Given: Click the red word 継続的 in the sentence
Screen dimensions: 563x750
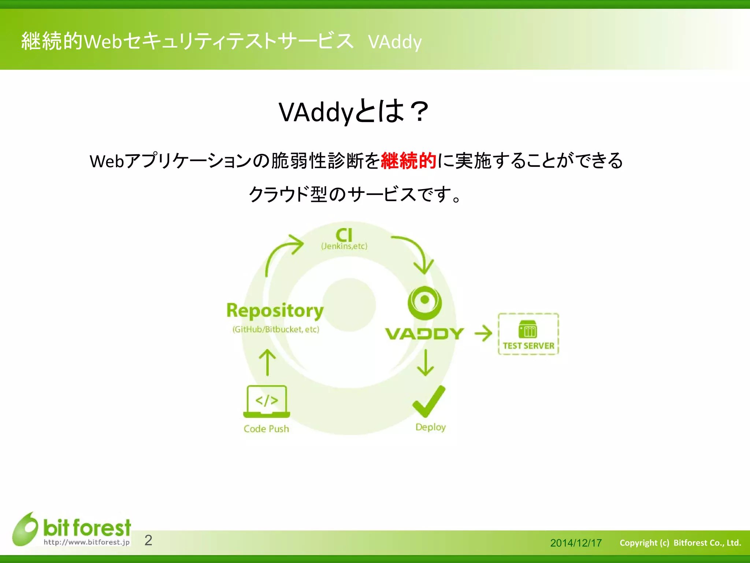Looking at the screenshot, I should click(408, 161).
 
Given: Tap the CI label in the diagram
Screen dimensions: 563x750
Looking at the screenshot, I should click(344, 235).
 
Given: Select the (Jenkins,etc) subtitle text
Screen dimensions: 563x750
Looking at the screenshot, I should click(344, 246).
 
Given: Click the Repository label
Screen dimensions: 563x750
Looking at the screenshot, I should click(275, 311).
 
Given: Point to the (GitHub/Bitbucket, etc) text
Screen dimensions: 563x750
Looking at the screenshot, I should click(276, 329).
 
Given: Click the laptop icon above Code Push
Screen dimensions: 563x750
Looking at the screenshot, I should click(267, 401).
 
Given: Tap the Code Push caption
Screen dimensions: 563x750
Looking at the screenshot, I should click(266, 429).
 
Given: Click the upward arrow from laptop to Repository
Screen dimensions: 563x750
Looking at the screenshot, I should click(267, 362).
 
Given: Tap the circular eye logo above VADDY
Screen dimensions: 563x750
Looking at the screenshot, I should click(425, 303).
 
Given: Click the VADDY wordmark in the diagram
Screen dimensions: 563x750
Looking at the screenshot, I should click(425, 334).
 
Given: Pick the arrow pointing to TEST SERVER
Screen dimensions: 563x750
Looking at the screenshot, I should click(483, 334).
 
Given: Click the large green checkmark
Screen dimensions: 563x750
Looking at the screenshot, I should click(428, 401).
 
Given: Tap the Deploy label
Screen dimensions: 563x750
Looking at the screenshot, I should click(430, 427).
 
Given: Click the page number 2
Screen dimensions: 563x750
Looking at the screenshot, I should click(148, 540).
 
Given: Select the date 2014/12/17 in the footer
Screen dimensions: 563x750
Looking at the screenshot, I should click(576, 543).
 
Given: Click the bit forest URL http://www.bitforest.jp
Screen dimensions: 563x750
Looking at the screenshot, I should click(86, 542).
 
